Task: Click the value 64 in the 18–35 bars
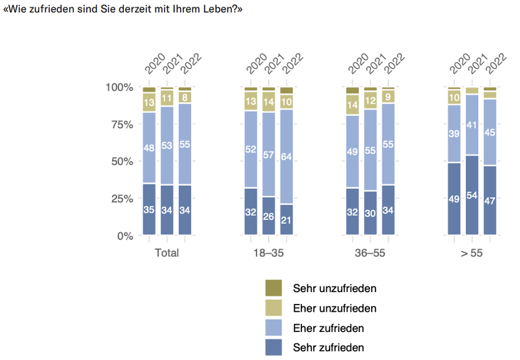coord(287,157)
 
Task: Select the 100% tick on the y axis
coord(120,87)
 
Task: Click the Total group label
coord(167,253)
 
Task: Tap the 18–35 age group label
coord(269,253)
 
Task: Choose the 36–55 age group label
coord(370,253)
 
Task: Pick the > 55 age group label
coord(472,253)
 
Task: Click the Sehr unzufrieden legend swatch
coord(273,288)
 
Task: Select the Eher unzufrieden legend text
coord(335,308)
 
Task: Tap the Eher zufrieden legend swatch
coord(273,328)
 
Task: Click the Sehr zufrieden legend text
coord(328,347)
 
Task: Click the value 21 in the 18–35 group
coord(287,221)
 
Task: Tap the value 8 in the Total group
coord(185,97)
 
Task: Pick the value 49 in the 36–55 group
coord(353,153)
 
